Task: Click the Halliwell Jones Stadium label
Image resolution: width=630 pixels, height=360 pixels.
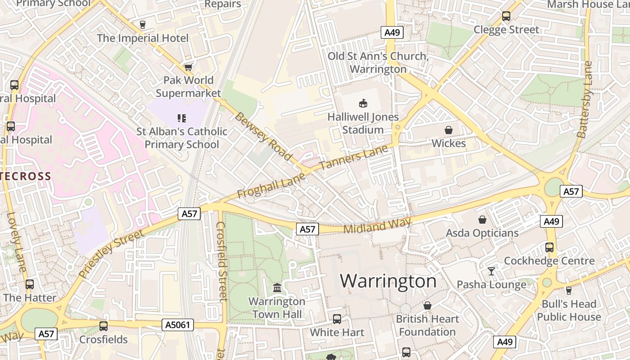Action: click(363, 123)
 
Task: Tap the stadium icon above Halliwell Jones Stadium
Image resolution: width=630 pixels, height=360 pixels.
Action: click(363, 103)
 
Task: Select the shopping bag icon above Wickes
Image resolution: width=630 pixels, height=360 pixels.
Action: click(448, 130)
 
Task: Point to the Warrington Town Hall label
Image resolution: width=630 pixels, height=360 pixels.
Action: click(277, 308)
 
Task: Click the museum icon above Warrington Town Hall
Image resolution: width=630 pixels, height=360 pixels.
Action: click(277, 288)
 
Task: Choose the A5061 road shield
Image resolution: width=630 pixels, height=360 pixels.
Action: click(178, 324)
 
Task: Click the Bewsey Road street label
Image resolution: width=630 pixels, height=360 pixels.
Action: click(263, 136)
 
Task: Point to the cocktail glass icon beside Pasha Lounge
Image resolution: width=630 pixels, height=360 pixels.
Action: click(491, 271)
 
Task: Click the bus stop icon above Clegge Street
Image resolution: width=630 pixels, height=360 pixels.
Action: click(506, 16)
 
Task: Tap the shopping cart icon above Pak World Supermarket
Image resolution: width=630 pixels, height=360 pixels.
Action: click(188, 67)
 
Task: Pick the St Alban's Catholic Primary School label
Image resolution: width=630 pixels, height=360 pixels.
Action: click(182, 138)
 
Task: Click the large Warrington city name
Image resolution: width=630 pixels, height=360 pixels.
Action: click(388, 281)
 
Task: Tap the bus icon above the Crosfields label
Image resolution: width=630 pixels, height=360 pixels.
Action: click(103, 326)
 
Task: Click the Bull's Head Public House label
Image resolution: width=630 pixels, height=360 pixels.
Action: click(569, 310)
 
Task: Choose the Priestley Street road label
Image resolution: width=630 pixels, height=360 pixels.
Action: click(111, 253)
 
